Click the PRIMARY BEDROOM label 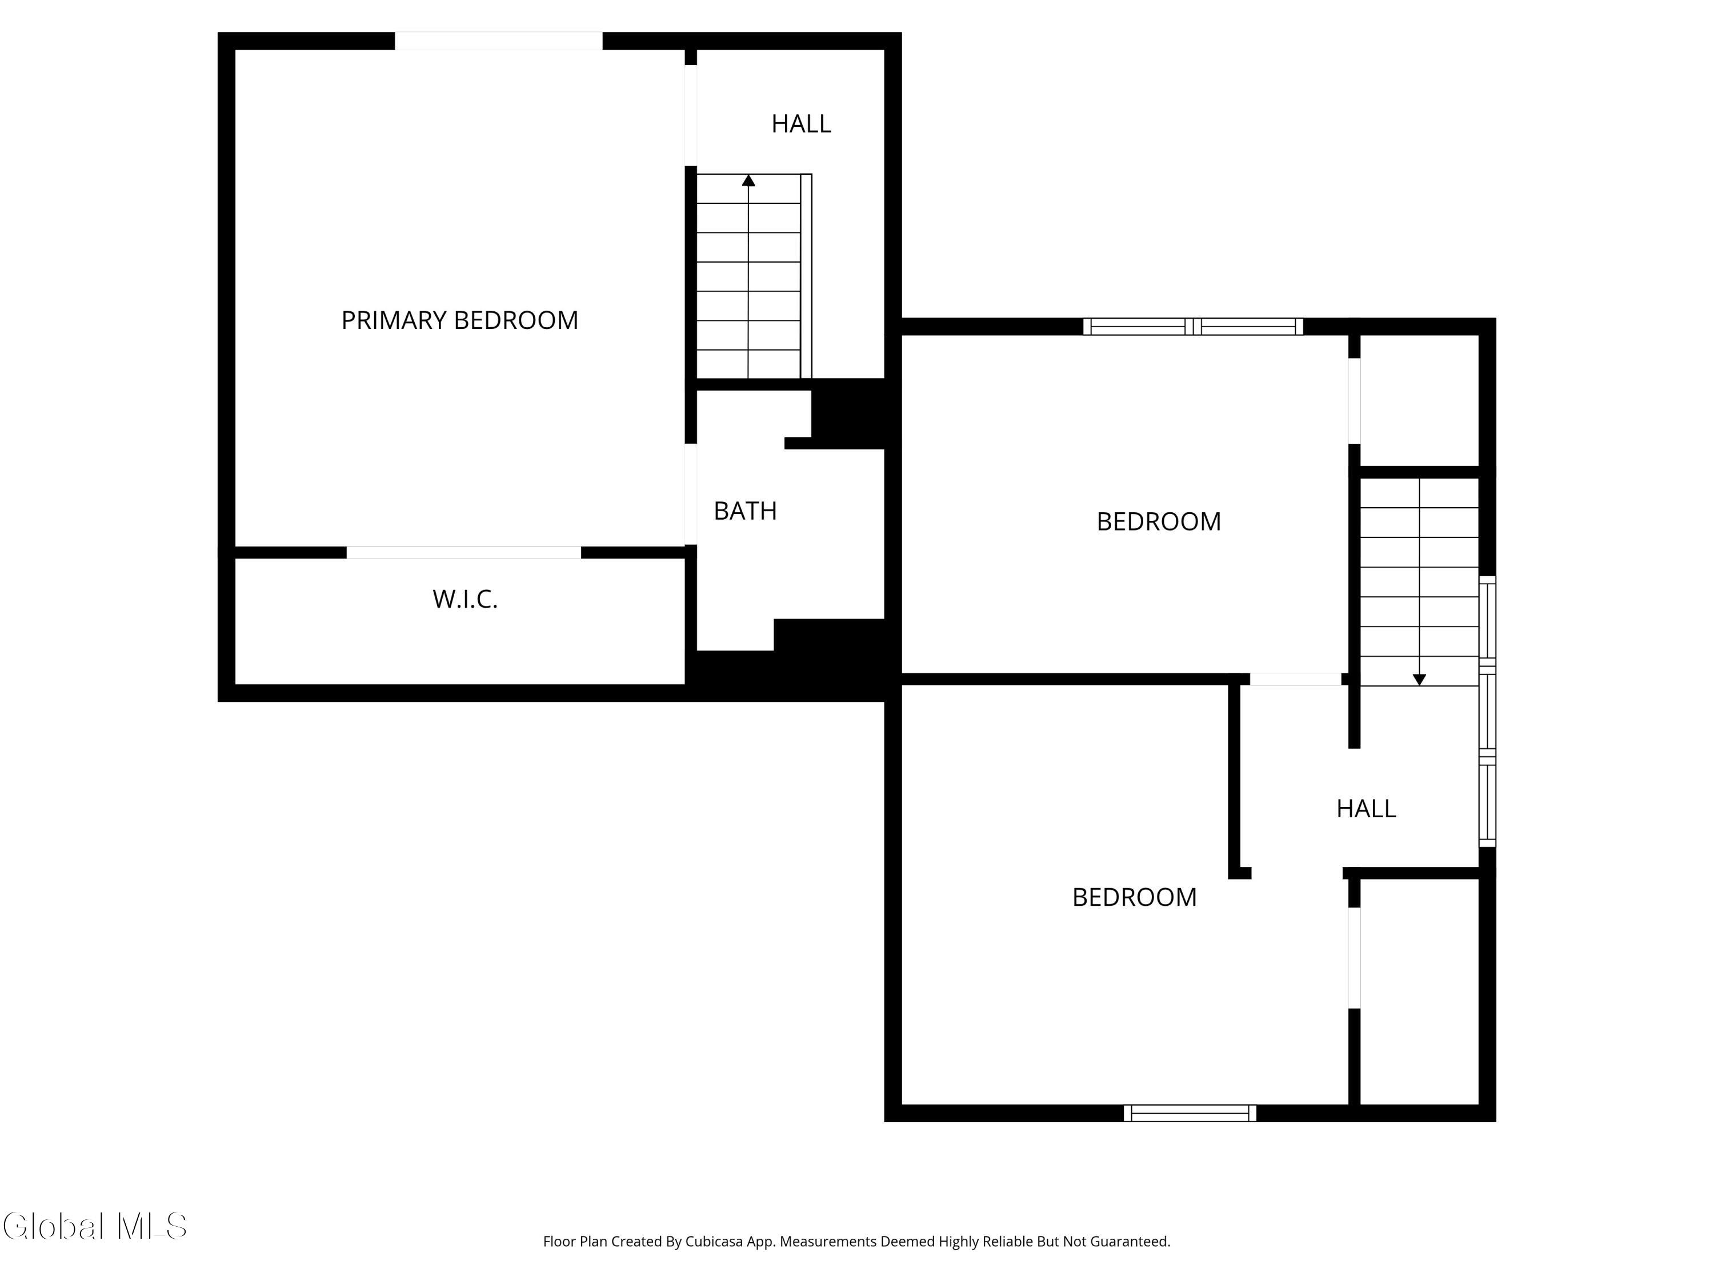point(459,320)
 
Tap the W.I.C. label point(465,599)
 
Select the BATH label point(744,511)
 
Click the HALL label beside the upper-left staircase point(800,124)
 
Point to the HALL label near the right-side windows point(1365,809)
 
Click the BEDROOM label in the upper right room point(1159,521)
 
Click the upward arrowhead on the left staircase point(748,181)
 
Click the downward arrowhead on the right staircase point(1419,679)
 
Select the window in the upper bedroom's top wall point(1192,327)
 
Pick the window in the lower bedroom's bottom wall point(1190,1113)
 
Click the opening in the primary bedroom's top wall point(498,41)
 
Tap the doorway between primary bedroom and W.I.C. point(463,552)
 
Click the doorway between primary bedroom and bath point(690,494)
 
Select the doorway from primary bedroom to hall point(690,115)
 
